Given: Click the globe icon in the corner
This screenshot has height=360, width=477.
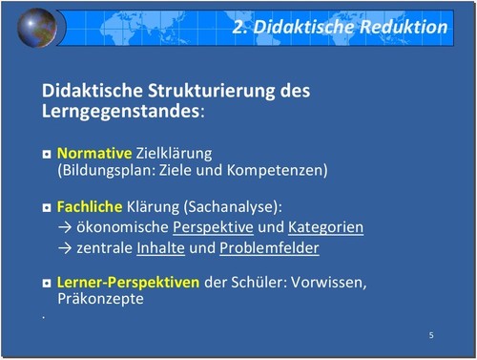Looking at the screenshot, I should pos(37,28).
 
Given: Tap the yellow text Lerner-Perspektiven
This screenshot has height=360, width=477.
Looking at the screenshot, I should pos(128,283).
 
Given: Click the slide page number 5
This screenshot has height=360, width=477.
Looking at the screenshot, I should pos(431,335).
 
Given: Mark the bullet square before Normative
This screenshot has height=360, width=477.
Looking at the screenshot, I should pos(47,154).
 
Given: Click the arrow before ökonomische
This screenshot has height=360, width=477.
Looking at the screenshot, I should pos(65,228).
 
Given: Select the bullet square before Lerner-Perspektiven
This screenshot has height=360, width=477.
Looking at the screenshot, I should pos(47,284).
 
